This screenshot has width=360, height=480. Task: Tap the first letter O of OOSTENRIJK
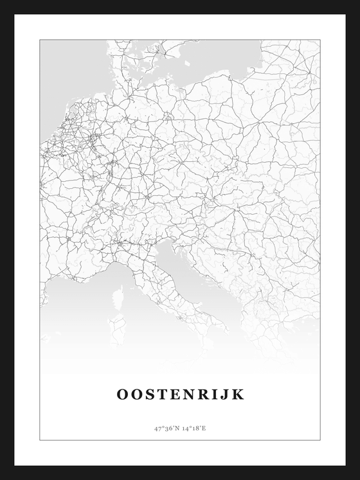[122, 394]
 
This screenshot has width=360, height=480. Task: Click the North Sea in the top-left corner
[64, 71]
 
